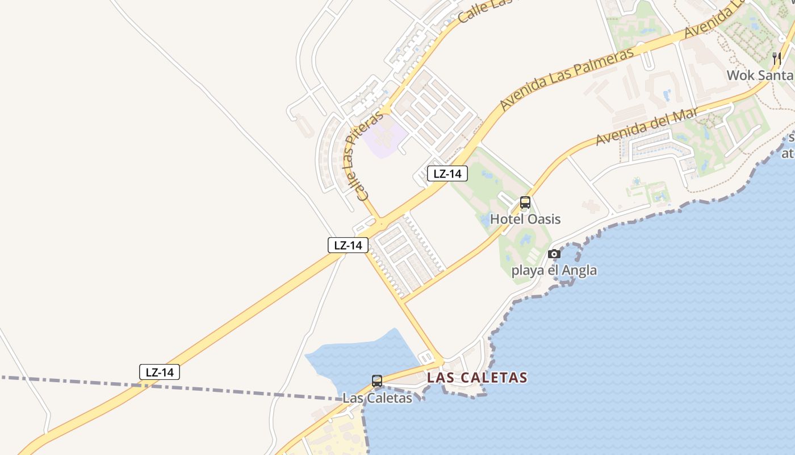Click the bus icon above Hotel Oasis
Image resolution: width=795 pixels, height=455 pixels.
coord(525,202)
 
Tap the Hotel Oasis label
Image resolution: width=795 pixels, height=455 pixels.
coord(525,219)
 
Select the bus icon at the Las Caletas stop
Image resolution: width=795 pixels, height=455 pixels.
coord(377,381)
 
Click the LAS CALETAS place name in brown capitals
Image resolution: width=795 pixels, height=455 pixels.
coord(477,377)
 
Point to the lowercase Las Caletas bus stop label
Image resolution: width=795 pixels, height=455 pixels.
coord(377,398)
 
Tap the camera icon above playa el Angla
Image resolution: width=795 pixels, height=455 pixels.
coord(554,254)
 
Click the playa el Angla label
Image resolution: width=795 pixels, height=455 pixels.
coord(554,270)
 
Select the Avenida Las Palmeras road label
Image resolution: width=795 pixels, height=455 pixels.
coord(566,79)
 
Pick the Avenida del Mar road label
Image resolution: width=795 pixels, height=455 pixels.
coord(646,126)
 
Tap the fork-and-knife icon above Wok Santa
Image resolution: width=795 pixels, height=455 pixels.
coord(777,59)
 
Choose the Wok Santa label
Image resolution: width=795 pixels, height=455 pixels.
coord(760,75)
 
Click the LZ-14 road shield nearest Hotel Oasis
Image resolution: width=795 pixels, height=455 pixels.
coord(447,173)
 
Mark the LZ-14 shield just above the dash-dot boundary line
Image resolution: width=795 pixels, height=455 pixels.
coord(160,373)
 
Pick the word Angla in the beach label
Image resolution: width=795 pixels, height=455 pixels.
coord(580,270)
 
